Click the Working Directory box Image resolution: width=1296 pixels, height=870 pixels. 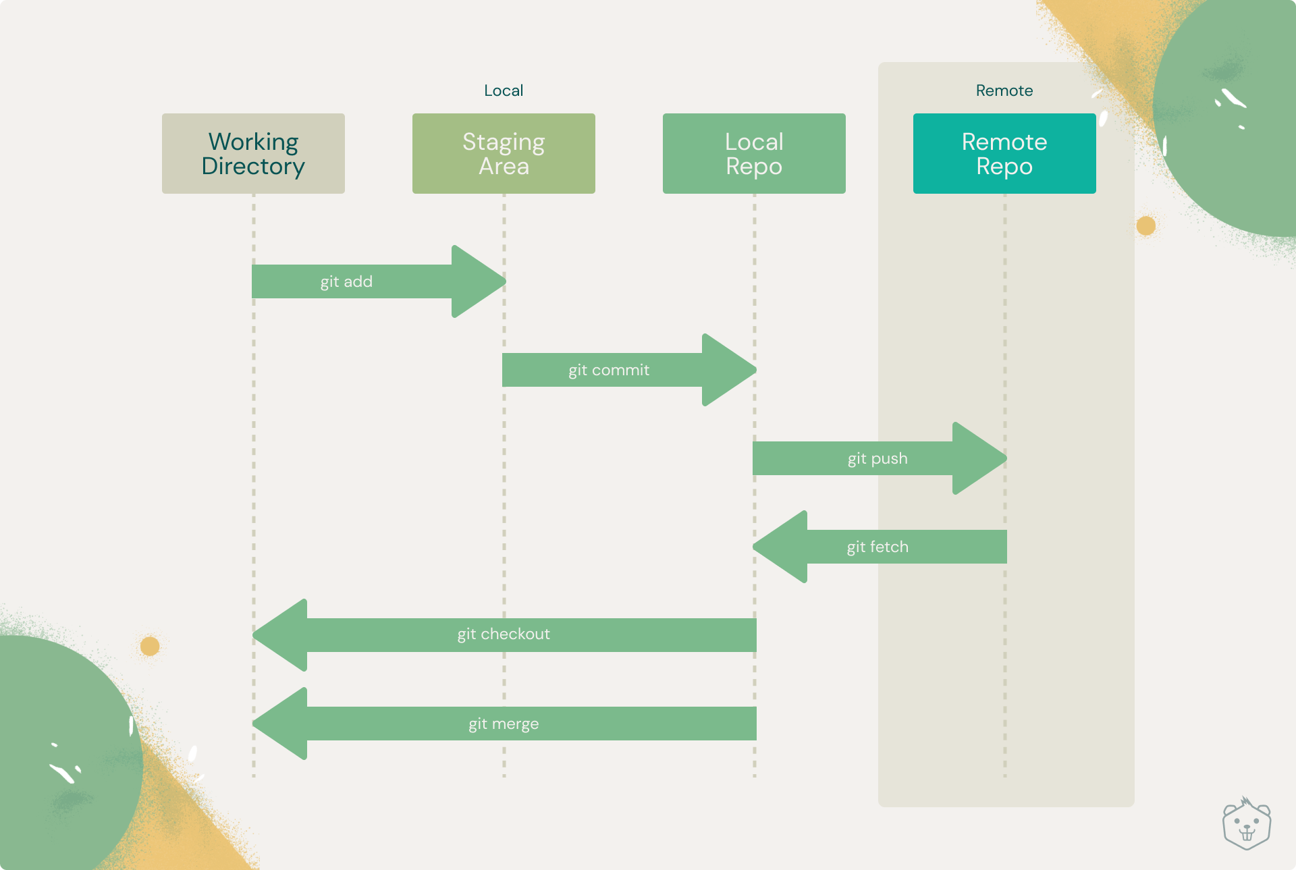253,153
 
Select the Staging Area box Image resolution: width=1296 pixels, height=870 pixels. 504,153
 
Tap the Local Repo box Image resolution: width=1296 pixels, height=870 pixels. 754,153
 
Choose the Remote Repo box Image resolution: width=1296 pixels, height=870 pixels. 1004,153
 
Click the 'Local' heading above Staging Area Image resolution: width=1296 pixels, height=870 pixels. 504,90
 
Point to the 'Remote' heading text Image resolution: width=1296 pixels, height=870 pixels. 1004,90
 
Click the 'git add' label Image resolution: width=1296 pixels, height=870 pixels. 346,282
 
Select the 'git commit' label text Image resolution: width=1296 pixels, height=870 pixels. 609,371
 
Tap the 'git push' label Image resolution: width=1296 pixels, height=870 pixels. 878,459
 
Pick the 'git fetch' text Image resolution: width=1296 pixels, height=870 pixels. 878,547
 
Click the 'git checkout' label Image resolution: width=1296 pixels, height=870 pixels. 504,634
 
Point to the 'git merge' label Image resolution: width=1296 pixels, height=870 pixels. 504,724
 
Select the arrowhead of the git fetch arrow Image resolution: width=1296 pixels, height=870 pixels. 780,547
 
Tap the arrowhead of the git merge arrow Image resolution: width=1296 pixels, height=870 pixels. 279,724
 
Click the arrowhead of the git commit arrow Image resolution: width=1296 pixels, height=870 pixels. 730,370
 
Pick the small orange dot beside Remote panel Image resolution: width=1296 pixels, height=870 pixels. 1146,225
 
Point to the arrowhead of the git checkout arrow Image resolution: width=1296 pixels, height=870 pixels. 279,635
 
